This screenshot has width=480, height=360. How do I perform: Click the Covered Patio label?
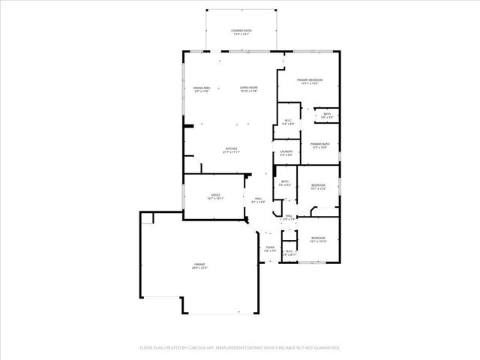pyautogui.click(x=241, y=31)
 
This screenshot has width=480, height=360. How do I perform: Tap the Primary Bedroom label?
pyautogui.click(x=309, y=80)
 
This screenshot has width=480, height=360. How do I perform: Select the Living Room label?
pyautogui.click(x=249, y=88)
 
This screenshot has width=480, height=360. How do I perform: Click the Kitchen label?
pyautogui.click(x=231, y=148)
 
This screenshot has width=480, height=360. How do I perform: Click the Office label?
pyautogui.click(x=215, y=196)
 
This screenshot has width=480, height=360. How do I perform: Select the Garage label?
pyautogui.click(x=200, y=264)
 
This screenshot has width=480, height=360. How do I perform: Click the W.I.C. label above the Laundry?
pyautogui.click(x=287, y=121)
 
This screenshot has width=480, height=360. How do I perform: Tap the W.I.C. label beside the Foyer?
pyautogui.click(x=289, y=252)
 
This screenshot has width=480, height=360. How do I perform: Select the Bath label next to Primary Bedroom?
pyautogui.click(x=327, y=114)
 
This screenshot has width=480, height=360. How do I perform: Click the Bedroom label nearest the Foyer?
pyautogui.click(x=318, y=239)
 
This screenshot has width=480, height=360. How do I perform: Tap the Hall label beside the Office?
pyautogui.click(x=257, y=199)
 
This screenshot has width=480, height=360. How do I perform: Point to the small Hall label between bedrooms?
pyautogui.click(x=288, y=216)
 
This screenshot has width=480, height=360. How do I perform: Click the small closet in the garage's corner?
pyautogui.click(x=147, y=217)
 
